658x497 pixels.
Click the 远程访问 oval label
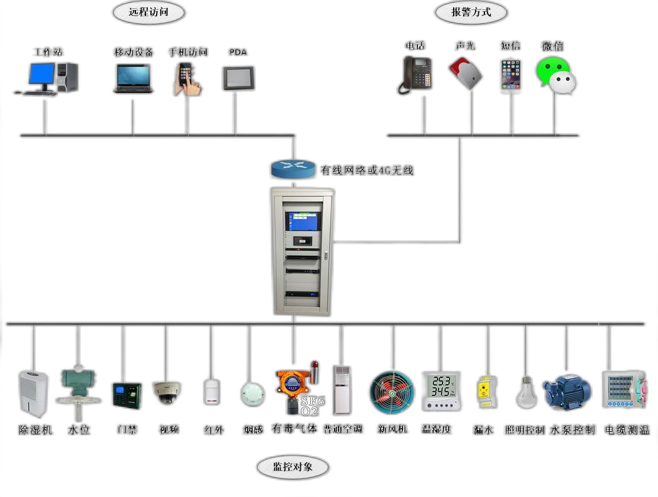coord(149,12)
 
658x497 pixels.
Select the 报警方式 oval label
coord(471,12)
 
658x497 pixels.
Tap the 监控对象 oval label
coord(293,466)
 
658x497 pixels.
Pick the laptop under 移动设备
coord(133,78)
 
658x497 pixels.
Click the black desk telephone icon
coord(417,75)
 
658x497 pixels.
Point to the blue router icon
coord(293,169)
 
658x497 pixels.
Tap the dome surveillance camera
coord(167,392)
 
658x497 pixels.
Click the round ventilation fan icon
coord(392,393)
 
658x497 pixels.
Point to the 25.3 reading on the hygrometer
coord(442,381)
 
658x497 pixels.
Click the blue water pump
coord(567,392)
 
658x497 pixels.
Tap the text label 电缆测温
coord(626,430)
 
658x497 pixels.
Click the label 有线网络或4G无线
coord(367,170)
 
